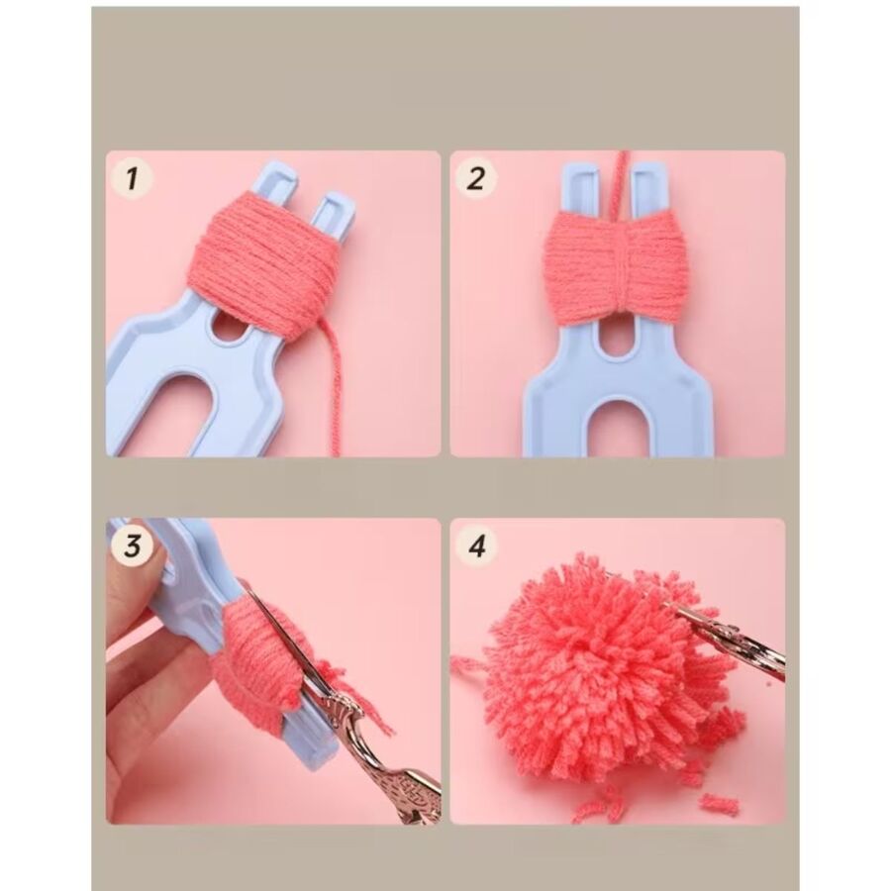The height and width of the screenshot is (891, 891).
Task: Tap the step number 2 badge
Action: click(x=476, y=179)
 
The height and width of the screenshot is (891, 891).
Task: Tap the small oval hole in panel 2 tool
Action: click(x=618, y=342)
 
